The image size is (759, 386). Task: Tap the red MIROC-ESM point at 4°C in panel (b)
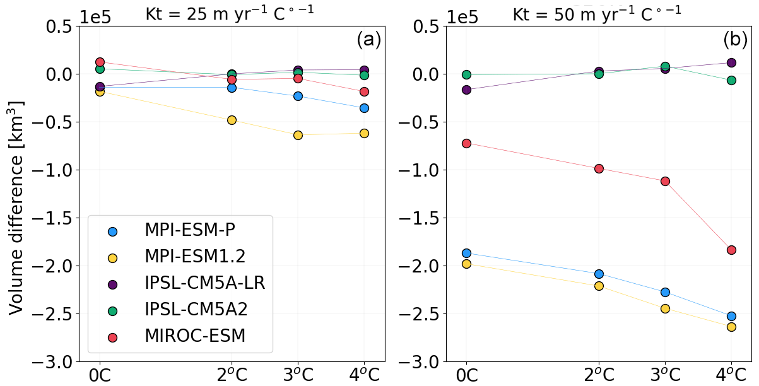[x=731, y=250]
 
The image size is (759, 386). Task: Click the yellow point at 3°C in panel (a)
[x=298, y=135]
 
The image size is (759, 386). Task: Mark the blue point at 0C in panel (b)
[x=466, y=253]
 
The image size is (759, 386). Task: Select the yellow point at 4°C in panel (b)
[x=731, y=327]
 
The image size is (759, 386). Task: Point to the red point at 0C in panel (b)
[x=466, y=143]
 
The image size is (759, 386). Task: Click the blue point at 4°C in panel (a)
[x=364, y=108]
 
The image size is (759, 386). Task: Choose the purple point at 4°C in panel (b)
[x=731, y=62]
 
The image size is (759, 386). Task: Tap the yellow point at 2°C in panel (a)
[x=232, y=120]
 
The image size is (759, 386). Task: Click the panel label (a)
[x=368, y=40]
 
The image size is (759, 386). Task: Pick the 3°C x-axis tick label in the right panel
[x=665, y=373]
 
